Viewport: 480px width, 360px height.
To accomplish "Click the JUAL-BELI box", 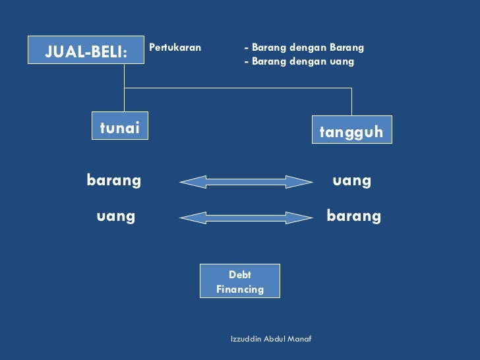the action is [86, 50].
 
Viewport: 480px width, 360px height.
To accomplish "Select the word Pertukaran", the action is [175, 47].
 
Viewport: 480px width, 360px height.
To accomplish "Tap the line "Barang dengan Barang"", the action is [304, 47].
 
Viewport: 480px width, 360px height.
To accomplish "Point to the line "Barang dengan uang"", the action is [299, 61].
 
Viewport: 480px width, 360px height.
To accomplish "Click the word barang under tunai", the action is [113, 180].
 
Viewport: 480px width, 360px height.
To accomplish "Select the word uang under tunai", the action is [115, 216].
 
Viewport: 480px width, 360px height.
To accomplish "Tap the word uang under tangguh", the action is [351, 180].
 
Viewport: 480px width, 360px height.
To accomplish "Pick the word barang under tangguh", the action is [353, 216].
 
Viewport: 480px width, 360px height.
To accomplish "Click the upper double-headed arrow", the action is [246, 181].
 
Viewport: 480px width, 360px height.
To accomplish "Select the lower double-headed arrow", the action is [246, 217].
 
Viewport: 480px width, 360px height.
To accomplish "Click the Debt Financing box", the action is [240, 281].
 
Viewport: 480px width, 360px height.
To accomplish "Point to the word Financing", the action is [240, 289].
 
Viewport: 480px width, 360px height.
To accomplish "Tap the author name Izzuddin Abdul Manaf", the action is [271, 338].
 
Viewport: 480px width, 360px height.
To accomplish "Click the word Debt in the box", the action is [240, 274].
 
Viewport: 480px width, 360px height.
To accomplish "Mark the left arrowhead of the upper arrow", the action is [189, 181].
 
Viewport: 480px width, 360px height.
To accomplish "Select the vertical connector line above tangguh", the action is [351, 102].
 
